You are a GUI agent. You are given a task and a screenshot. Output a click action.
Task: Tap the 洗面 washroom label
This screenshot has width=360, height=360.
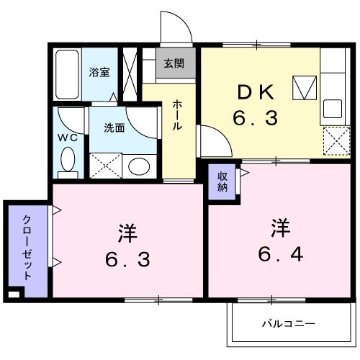point(114,128)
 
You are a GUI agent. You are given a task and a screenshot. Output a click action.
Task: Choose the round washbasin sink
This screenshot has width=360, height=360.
point(137,167)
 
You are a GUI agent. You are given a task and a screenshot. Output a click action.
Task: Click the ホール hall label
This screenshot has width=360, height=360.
point(176,116)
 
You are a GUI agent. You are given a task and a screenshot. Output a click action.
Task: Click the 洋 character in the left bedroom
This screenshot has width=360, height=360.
point(127,233)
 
